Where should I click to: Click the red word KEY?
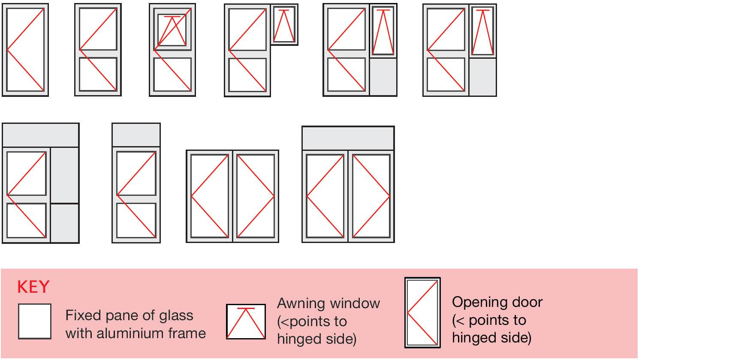[33, 287]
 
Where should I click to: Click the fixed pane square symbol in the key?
[35, 321]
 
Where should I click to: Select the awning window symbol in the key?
[246, 321]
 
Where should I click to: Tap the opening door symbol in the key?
[422, 312]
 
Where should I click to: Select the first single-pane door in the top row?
[25, 50]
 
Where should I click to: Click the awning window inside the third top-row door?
[172, 30]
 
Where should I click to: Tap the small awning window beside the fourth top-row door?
[284, 25]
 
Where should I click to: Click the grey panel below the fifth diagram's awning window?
[383, 77]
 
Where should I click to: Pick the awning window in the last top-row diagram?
[482, 31]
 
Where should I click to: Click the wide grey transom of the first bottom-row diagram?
[41, 135]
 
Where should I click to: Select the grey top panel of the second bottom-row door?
[136, 135]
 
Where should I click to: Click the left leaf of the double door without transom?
[209, 196]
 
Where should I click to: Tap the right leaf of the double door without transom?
[256, 196]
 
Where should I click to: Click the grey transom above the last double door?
[348, 138]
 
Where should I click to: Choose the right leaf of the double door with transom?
[371, 196]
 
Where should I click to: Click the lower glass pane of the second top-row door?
[98, 74]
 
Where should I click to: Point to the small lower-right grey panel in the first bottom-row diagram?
[65, 223]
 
